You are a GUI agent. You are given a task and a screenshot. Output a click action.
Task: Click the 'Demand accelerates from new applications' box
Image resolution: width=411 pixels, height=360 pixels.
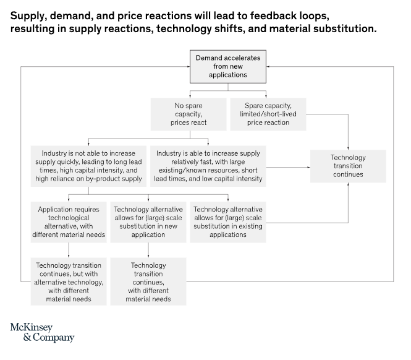coord(228,67)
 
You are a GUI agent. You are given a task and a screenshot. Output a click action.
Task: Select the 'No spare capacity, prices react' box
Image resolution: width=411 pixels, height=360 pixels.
coord(189,114)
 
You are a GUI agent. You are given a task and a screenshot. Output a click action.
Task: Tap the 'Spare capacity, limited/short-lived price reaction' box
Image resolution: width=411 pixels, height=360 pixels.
coord(268,114)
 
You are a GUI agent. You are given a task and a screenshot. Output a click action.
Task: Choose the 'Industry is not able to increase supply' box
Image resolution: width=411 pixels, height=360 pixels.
coord(88,166)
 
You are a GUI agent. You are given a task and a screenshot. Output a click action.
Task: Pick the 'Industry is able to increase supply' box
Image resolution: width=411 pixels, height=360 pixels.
coord(208,166)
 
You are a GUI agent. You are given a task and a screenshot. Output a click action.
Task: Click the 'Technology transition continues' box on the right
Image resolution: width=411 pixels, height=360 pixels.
coord(348,166)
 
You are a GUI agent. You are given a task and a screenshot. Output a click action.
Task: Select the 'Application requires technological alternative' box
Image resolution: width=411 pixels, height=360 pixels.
coord(69,222)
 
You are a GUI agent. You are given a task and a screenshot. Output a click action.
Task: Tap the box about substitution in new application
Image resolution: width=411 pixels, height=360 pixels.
coord(148,222)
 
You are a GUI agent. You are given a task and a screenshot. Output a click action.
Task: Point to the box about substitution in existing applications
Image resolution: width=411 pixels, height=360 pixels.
coord(228,222)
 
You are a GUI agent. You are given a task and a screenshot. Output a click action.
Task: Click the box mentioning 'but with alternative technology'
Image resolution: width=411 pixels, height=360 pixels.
coord(69,281)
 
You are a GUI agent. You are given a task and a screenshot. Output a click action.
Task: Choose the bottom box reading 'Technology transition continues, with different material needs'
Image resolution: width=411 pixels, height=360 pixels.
coord(148,281)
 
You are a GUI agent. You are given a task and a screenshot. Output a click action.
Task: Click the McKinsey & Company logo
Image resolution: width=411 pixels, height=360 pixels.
coord(42,332)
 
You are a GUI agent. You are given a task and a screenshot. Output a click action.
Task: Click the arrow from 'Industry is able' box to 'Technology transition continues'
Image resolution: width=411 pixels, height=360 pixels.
coord(288,167)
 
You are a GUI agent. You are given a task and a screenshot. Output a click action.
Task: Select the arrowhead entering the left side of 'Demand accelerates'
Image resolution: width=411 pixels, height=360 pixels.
coord(189,67)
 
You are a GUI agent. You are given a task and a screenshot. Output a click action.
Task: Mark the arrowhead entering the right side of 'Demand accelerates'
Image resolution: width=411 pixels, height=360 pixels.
coord(268,67)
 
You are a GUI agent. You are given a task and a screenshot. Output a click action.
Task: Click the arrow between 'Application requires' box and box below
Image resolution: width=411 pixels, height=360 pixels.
coord(69,250)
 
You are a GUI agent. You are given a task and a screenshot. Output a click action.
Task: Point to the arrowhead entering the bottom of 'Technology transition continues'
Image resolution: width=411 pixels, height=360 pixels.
coord(348,184)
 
